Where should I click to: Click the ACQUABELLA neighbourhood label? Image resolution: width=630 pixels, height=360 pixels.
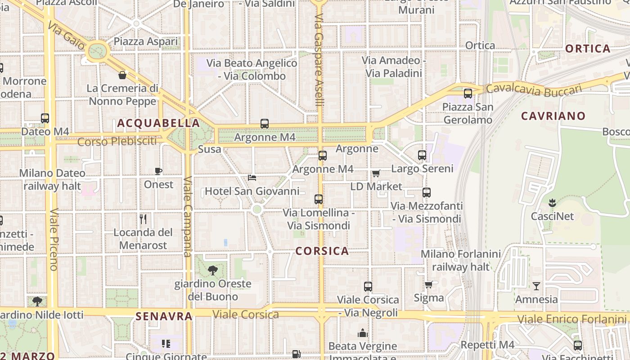[x=158, y=123]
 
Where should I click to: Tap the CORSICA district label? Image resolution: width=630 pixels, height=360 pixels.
[x=322, y=251]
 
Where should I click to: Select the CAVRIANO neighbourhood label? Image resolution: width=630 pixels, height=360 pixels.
[x=553, y=116]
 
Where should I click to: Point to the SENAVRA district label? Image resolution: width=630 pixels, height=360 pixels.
[x=164, y=316]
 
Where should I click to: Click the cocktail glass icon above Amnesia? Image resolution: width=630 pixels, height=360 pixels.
[x=536, y=286]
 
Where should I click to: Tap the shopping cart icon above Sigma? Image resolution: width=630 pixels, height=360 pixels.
[x=428, y=284]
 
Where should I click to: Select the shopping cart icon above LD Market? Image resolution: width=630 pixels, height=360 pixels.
[x=376, y=173]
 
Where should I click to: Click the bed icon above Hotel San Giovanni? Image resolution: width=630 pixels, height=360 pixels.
[x=252, y=178]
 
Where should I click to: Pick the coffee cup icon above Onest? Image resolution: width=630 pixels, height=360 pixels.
[x=158, y=171]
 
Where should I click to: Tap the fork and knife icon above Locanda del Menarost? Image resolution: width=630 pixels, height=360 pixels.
[x=143, y=219]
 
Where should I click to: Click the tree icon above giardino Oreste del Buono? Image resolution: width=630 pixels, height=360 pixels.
[x=213, y=270]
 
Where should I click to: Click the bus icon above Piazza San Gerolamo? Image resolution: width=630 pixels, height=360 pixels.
[x=468, y=94]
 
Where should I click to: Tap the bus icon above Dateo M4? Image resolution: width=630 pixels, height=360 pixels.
[x=45, y=118]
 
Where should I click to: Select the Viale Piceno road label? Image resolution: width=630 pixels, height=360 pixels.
[x=54, y=239]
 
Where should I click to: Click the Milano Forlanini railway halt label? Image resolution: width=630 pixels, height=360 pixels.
[x=460, y=260]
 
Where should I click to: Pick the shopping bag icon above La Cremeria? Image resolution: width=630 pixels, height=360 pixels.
[x=122, y=75]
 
